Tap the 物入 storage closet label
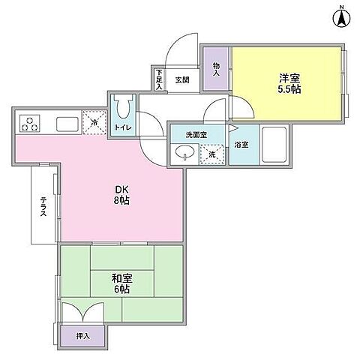(x=216, y=69)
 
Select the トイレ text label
(x=123, y=128)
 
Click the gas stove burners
(x=29, y=123)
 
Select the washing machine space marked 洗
(x=212, y=154)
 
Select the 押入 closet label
(x=84, y=337)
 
